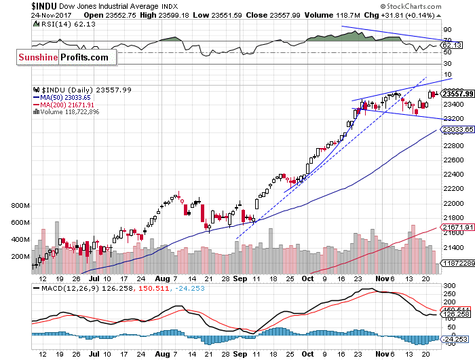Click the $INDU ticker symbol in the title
45,5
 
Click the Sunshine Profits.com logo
63,58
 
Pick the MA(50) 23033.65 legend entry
65,97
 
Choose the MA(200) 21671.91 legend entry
66,105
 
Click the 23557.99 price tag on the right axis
457,94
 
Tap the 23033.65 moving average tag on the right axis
457,129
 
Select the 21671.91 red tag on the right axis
457,227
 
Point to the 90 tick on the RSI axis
448,30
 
